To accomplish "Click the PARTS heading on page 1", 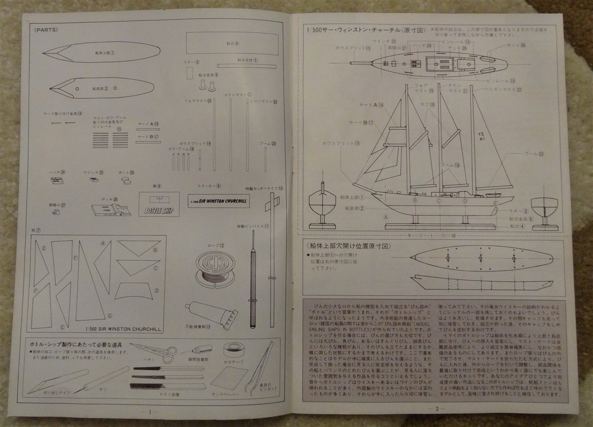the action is (x=48, y=29).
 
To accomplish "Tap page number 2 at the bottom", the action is (x=437, y=408).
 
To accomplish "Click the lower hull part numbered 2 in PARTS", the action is (x=102, y=88).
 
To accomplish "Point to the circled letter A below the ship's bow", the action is (x=385, y=216).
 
